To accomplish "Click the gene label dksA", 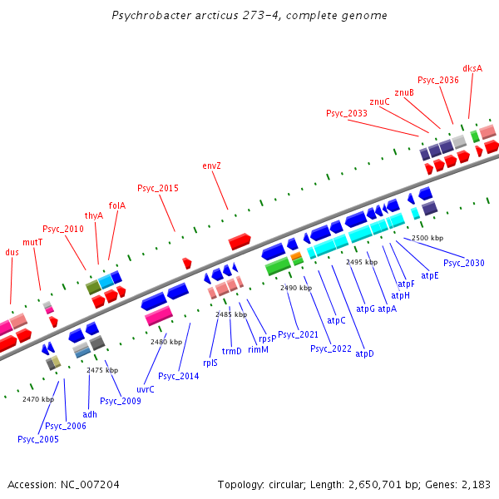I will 472,69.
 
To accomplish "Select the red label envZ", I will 212,166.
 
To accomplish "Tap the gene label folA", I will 117,205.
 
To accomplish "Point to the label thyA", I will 94,215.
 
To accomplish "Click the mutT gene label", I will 32,242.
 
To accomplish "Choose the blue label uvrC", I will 145,388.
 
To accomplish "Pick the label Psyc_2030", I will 463,263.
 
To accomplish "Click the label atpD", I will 364,353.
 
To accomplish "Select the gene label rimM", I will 258,350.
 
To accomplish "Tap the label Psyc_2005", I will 38,439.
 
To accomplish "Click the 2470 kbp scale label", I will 38,399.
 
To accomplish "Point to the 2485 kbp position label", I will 231,314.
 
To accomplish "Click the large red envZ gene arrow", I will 240,241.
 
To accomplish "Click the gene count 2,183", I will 476,484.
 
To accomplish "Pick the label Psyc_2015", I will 158,188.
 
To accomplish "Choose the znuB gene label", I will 404,91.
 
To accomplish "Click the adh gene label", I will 90,413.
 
